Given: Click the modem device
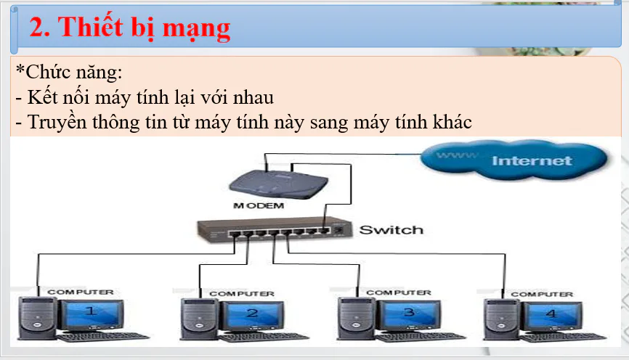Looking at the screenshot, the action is click(x=278, y=184).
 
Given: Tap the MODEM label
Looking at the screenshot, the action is click(x=259, y=205).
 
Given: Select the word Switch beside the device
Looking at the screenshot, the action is click(x=391, y=229).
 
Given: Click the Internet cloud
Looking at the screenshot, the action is click(x=514, y=160).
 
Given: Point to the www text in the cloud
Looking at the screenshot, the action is click(x=457, y=155).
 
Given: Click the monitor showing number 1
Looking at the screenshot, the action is click(x=92, y=313).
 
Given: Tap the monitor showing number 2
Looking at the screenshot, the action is click(x=253, y=314).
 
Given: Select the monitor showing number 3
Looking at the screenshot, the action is click(x=408, y=314).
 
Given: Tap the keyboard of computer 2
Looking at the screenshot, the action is click(x=264, y=337).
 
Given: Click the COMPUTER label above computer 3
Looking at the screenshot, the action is click(x=398, y=292).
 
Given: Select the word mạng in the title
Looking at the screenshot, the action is click(x=196, y=29).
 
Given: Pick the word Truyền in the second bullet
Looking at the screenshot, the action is click(x=57, y=122).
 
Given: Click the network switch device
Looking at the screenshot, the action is click(x=275, y=231).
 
